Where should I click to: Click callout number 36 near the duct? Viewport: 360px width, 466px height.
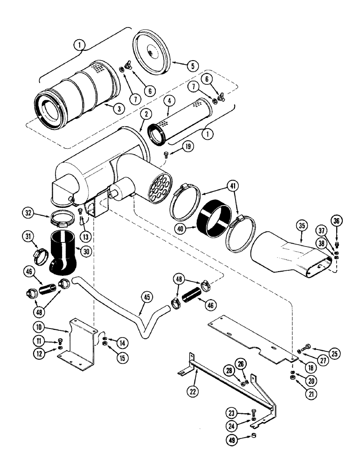point(338,220)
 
